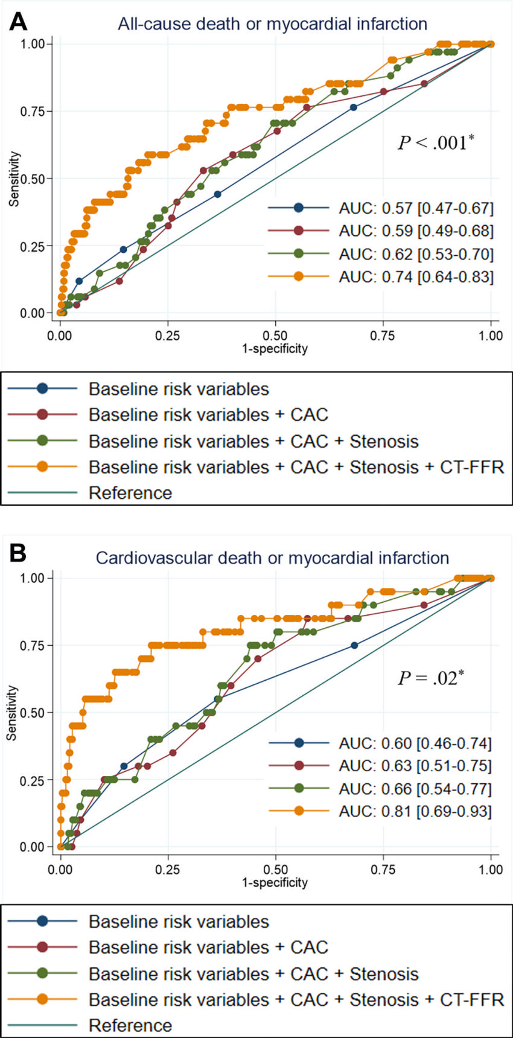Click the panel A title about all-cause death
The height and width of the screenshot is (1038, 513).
coord(272,24)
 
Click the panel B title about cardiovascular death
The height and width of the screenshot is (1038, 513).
coord(272,558)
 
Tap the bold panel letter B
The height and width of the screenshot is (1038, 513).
coord(18,553)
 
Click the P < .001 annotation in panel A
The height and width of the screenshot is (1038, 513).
coord(435,142)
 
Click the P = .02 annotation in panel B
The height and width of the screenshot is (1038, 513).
coord(430,678)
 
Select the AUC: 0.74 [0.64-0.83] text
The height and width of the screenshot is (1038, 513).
coord(416,277)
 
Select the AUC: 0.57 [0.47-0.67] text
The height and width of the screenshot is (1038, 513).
coord(416,209)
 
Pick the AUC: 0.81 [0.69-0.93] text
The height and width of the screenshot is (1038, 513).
coord(415,811)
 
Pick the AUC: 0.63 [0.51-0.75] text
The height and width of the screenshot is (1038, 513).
coord(415,766)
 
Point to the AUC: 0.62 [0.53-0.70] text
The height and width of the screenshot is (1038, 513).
coord(416,254)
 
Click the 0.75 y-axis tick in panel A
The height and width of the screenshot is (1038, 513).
coord(33,111)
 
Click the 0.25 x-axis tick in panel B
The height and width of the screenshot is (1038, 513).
coord(168,870)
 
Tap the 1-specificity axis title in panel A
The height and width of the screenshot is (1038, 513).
coord(275,349)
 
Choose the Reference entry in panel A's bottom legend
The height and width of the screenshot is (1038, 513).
coord(130,493)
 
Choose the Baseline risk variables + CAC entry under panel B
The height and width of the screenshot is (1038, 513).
coord(208,947)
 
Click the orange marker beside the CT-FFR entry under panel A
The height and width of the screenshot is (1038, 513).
coord(42,467)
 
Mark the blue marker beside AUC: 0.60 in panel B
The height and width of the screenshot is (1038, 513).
coord(299,743)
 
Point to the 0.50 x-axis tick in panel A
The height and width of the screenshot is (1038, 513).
coord(275,336)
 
